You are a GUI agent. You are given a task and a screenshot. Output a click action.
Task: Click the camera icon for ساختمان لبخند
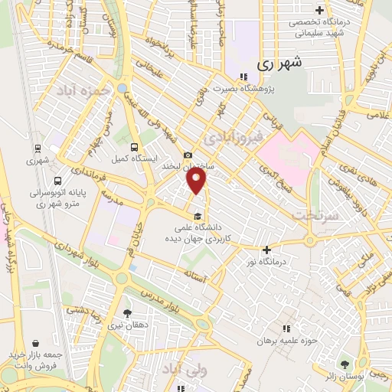pyautogui.click(x=188, y=155)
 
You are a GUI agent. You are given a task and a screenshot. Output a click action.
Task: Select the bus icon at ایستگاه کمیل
pyautogui.click(x=135, y=147)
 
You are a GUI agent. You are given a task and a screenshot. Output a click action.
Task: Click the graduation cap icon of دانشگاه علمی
pyautogui.click(x=198, y=215)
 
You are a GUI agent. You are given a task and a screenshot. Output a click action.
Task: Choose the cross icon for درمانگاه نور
pyautogui.click(x=266, y=250)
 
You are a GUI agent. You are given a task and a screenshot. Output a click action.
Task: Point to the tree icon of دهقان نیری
pyautogui.click(x=127, y=314)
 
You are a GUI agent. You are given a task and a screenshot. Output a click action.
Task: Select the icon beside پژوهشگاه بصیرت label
pyautogui.click(x=243, y=77)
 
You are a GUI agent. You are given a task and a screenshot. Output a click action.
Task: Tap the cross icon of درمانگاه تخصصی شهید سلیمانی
pyautogui.click(x=340, y=10)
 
